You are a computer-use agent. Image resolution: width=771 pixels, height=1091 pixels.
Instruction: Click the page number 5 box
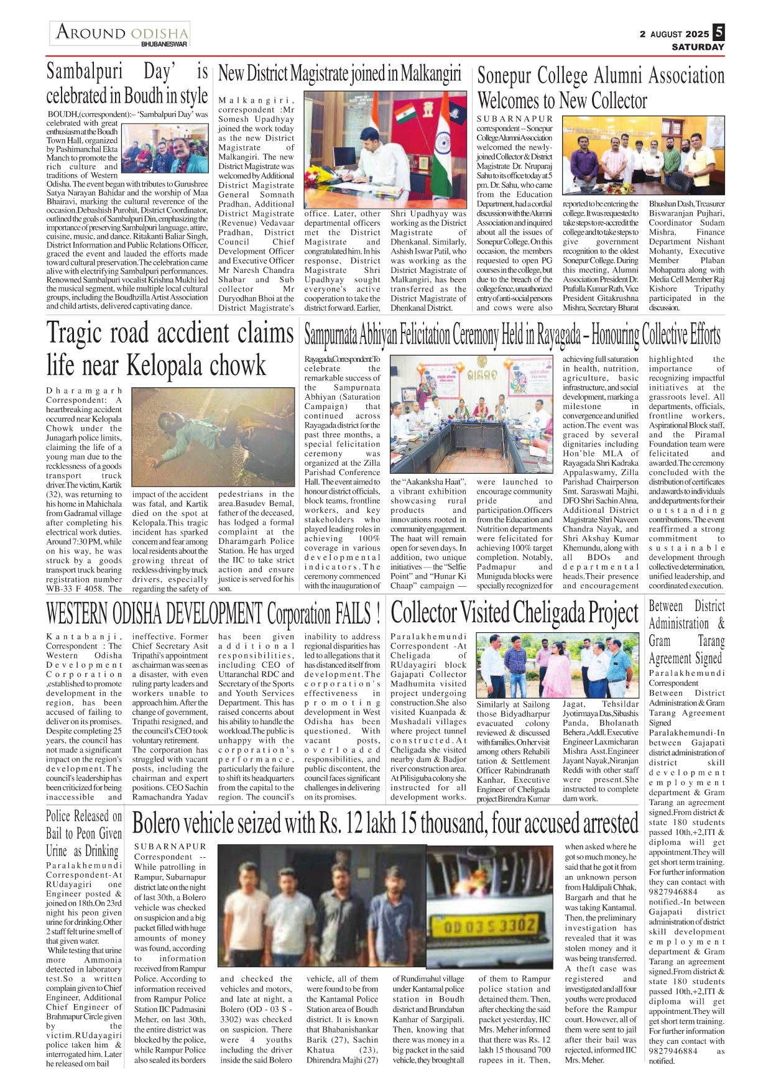click(x=719, y=32)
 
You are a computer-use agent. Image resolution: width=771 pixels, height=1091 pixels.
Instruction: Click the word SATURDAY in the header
click(x=698, y=47)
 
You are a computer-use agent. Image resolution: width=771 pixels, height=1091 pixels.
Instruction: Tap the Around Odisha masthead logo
click(x=121, y=32)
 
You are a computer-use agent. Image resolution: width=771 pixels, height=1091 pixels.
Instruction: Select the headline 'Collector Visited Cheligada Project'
click(x=514, y=613)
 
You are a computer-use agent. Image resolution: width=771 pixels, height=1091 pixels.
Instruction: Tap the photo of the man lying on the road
click(x=213, y=438)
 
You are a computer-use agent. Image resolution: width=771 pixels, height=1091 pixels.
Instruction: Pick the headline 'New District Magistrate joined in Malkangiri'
click(x=339, y=74)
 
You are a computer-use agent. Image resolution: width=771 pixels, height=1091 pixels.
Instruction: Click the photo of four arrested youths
click(x=322, y=908)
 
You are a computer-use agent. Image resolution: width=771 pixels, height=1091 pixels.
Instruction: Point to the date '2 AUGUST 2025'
click(x=674, y=34)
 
